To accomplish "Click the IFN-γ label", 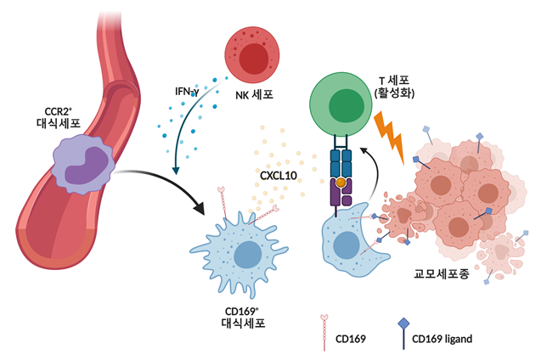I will (185, 91).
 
